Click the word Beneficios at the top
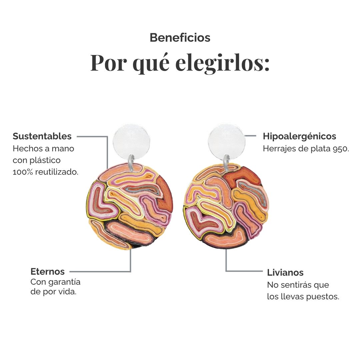[180, 38]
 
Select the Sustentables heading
[42, 136]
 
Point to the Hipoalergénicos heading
[299, 136]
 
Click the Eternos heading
[48, 271]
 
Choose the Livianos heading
[285, 273]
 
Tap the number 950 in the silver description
[341, 149]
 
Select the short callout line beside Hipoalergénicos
[250, 136]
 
